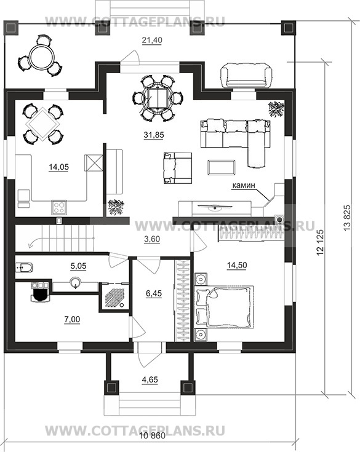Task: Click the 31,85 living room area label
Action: [154, 135]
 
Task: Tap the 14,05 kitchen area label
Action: [59, 167]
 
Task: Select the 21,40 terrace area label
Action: [152, 40]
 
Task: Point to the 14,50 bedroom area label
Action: [237, 265]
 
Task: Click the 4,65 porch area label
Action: [150, 379]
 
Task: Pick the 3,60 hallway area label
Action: [151, 239]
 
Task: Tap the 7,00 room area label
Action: [71, 319]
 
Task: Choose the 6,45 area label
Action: [154, 294]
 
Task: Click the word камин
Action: [244, 185]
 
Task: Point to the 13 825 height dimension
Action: [347, 217]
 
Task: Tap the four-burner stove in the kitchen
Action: [59, 208]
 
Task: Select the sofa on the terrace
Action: [246, 76]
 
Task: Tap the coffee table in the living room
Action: [222, 167]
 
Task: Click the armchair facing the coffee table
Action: [177, 168]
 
